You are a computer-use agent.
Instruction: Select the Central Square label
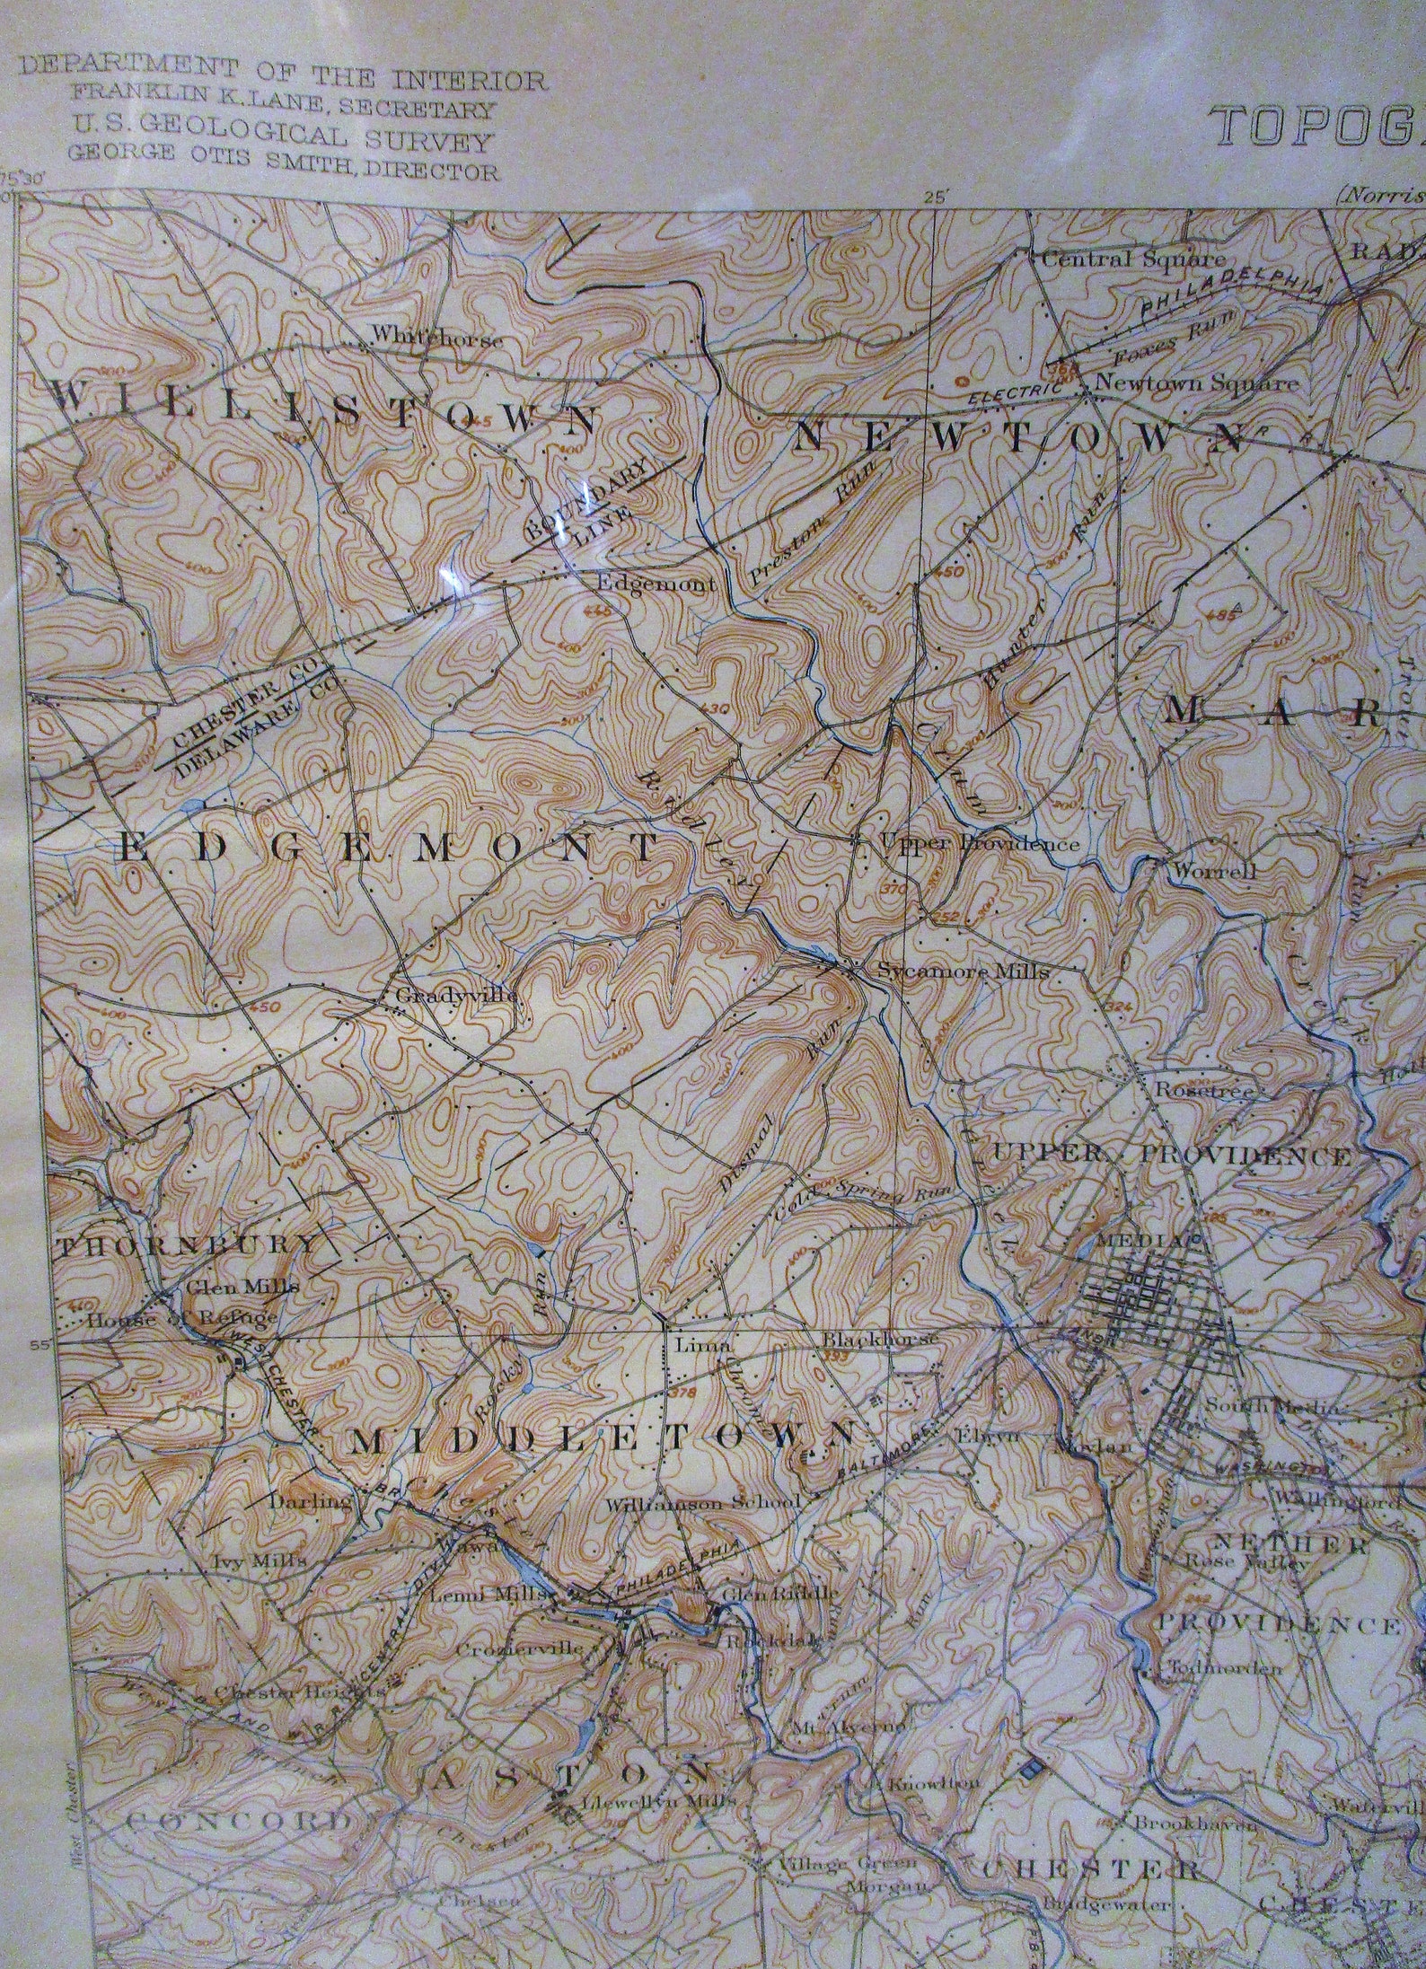(1133, 259)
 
